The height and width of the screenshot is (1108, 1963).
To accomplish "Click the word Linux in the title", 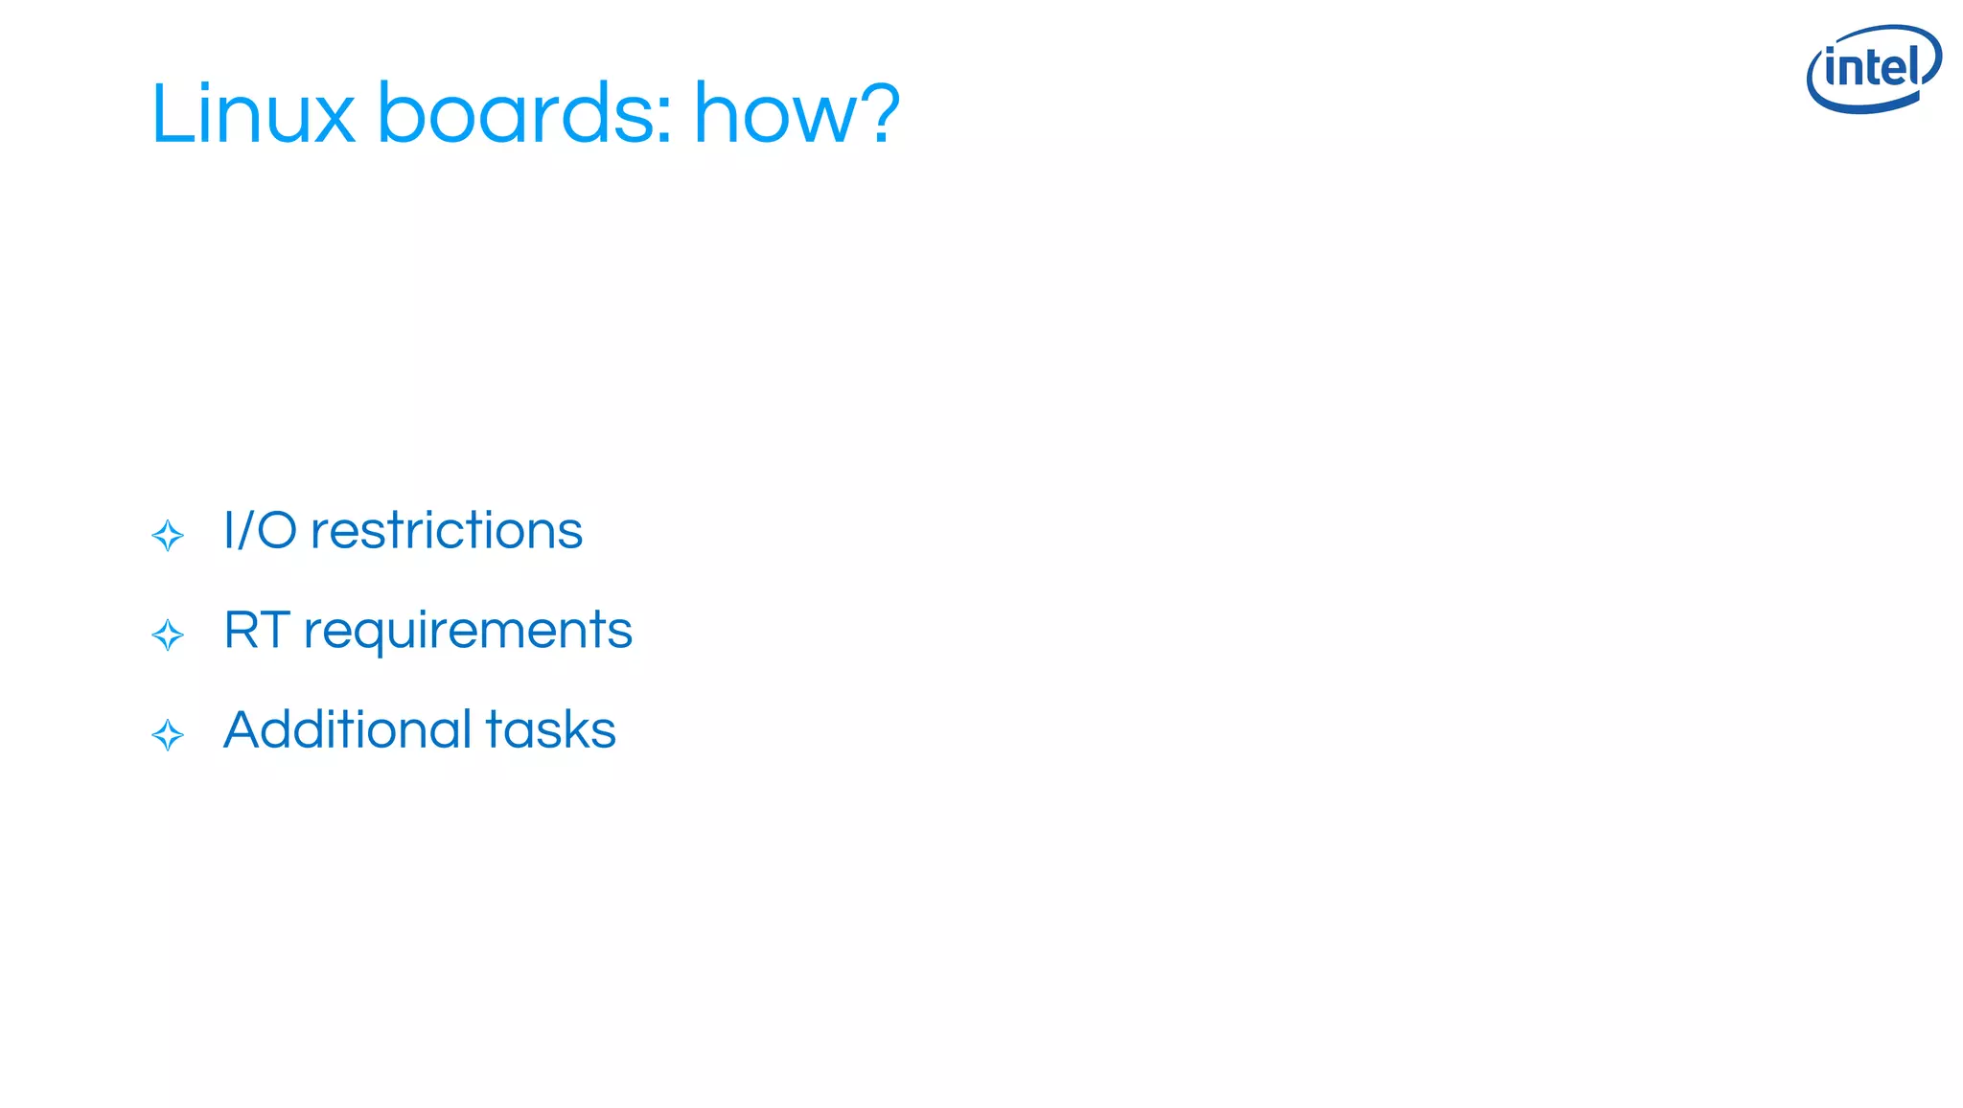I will (x=253, y=114).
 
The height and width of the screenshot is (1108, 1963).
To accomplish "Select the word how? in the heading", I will (x=797, y=114).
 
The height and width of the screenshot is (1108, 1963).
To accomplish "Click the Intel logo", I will (x=1873, y=69).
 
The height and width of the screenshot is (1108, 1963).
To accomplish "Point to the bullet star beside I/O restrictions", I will (x=168, y=536).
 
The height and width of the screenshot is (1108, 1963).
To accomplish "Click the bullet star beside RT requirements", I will (x=168, y=635).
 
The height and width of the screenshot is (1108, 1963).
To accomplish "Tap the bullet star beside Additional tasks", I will (x=168, y=735).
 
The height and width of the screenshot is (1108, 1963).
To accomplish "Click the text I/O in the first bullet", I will (x=260, y=530).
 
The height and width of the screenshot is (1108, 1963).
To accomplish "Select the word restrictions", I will (x=447, y=530).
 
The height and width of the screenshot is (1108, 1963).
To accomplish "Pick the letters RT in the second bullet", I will (x=257, y=630).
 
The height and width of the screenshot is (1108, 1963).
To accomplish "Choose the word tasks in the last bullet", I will (x=550, y=729).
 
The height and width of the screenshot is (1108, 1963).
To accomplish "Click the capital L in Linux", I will (x=172, y=114).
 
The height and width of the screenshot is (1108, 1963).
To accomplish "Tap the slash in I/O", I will (x=243, y=530).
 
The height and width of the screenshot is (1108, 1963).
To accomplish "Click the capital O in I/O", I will (x=277, y=530).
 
